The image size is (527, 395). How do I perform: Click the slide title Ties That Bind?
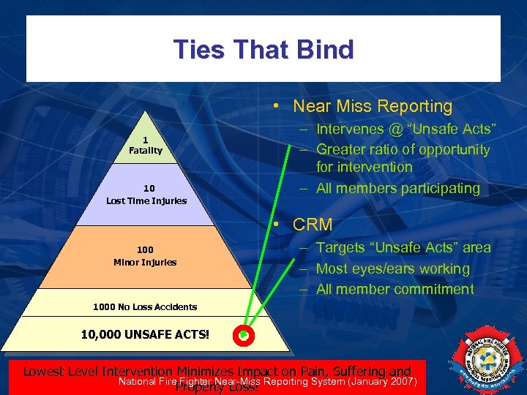point(263,50)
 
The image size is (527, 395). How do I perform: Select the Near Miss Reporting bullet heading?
point(373,106)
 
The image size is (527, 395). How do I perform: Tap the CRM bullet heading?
point(313,225)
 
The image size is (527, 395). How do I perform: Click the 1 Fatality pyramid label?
point(145,146)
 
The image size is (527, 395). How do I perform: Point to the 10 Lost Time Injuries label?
point(146,195)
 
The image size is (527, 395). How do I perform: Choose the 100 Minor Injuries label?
point(145,256)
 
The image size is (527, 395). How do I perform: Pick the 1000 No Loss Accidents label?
point(145,306)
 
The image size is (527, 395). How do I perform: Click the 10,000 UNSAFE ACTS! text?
point(145,334)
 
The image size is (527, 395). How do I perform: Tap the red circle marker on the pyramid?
point(244,336)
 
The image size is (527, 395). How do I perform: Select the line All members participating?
point(397,188)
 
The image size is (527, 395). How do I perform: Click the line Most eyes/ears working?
point(392,268)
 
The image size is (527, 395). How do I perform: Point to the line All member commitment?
point(395,289)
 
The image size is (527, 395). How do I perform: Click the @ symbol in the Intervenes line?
point(390,129)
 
